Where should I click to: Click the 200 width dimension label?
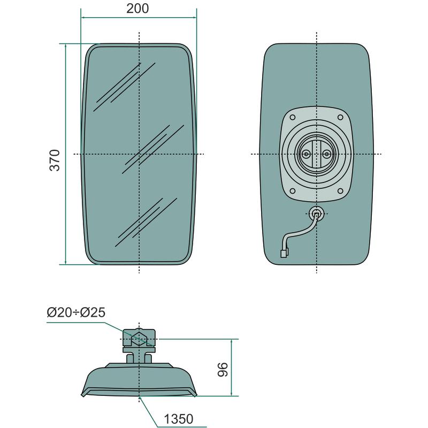pos(137,9)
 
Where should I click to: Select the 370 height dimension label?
pos(55,160)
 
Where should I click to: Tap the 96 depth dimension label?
pos(223,370)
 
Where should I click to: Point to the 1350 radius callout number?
pos(179,419)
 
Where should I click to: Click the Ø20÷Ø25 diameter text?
pos(76,312)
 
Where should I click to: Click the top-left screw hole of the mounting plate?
pos(292,118)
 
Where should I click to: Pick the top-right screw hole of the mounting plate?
pos(340,117)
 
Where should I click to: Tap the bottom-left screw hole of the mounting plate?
pos(292,191)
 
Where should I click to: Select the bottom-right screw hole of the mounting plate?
pos(340,191)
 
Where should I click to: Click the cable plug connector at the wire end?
pos(284,253)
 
